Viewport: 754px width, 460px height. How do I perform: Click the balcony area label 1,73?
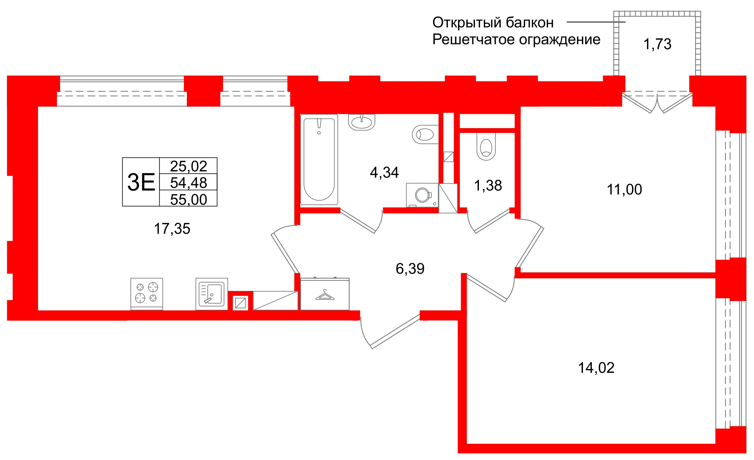[x=657, y=44]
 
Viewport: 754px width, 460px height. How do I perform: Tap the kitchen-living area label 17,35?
[x=172, y=229]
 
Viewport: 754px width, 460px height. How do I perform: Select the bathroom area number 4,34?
[x=384, y=172]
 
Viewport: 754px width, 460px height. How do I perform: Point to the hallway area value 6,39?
[x=410, y=268]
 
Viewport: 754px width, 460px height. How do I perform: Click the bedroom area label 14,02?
[x=596, y=368]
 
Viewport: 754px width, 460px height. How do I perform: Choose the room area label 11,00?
[x=624, y=190]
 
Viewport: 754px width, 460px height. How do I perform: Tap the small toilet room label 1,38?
[x=488, y=186]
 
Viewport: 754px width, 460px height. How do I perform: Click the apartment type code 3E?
[x=141, y=182]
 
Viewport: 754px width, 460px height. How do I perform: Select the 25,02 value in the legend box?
[x=188, y=166]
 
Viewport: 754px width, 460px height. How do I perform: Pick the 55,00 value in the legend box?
[x=188, y=199]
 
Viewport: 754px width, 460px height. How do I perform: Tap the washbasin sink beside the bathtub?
[x=362, y=122]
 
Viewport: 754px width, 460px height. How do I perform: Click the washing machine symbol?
[x=422, y=195]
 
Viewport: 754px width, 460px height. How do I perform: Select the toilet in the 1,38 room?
[x=486, y=147]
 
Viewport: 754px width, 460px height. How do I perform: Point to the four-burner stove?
[x=147, y=293]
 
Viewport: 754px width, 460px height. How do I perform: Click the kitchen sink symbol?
[x=212, y=294]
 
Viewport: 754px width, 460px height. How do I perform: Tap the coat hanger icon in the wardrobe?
[x=325, y=295]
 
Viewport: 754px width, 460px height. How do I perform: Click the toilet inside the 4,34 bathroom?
[x=425, y=134]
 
